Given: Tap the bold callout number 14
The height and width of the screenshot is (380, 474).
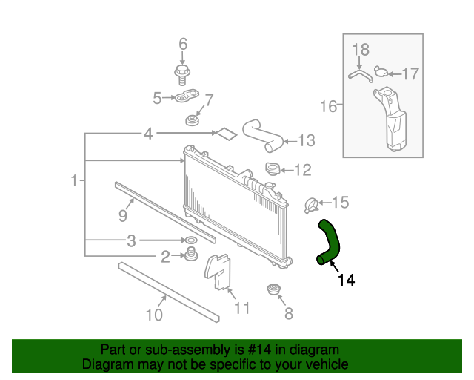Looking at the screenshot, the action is click(x=346, y=280).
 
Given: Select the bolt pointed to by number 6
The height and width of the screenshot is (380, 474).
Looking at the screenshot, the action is click(x=182, y=75).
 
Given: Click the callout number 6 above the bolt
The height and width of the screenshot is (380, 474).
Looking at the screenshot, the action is click(x=183, y=44).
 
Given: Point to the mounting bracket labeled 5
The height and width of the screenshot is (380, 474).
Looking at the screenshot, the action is click(x=187, y=95).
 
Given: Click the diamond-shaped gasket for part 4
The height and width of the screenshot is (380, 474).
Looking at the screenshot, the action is click(x=225, y=134).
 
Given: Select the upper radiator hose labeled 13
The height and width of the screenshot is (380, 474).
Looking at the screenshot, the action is click(x=262, y=135).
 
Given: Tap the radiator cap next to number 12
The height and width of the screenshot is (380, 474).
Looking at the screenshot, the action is click(x=273, y=168).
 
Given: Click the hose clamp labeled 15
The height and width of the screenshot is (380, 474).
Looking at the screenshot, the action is click(x=311, y=206).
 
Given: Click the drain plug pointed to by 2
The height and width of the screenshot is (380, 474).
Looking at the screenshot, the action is click(x=191, y=254).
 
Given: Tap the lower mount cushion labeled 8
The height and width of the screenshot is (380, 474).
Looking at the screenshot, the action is click(x=275, y=289).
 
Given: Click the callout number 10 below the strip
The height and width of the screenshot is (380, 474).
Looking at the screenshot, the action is click(x=154, y=315).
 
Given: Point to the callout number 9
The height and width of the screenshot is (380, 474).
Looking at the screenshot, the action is click(x=123, y=216).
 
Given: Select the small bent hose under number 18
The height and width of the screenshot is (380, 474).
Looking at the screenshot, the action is click(x=361, y=76).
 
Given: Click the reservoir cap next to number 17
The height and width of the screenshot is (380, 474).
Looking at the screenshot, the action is click(x=381, y=71).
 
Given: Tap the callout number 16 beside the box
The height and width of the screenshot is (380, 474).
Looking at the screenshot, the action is click(x=328, y=106).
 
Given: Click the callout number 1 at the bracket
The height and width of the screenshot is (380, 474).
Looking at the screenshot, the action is click(x=74, y=180).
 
